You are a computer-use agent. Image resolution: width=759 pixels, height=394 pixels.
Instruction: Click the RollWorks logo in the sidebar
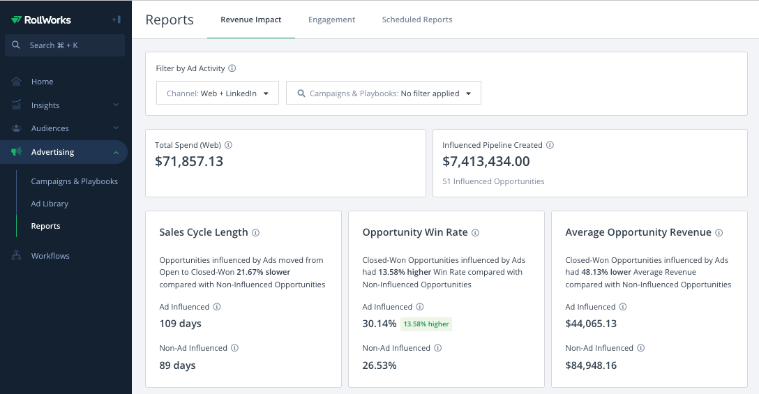point(41,20)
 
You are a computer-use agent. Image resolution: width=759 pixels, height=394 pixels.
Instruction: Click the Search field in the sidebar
point(65,45)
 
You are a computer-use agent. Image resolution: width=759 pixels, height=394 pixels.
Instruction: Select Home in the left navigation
point(42,82)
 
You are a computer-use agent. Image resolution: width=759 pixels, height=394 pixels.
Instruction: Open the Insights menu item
point(45,105)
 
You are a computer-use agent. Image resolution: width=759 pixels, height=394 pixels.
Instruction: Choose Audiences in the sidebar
point(50,128)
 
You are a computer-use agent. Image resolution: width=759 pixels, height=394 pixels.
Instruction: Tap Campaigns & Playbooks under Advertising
point(74,181)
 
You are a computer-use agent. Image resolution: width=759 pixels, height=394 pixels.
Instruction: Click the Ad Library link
point(50,204)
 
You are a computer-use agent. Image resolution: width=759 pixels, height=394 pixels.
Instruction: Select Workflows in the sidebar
point(50,256)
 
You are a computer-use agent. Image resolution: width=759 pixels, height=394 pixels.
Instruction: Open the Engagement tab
point(331,20)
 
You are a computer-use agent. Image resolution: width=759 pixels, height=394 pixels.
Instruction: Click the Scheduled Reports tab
point(416,20)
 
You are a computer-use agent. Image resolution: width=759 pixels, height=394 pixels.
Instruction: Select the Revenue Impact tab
point(251,20)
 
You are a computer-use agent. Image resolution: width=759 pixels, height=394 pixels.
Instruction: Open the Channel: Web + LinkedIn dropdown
point(218,93)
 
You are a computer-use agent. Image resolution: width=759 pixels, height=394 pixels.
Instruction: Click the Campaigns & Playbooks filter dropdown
point(384,93)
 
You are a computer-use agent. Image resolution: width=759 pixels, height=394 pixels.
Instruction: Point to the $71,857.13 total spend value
point(189,162)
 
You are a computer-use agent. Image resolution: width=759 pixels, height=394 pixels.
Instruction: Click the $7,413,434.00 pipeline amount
point(486,162)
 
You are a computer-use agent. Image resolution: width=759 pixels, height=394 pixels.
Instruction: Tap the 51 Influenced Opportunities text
point(493,181)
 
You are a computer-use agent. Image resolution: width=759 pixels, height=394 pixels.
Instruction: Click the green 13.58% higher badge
point(426,324)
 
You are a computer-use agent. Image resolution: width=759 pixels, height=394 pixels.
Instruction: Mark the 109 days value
point(180,324)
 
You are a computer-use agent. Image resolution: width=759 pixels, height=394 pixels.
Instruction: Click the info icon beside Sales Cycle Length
point(255,233)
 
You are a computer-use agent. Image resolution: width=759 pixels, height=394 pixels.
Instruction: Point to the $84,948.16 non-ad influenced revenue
point(591,365)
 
